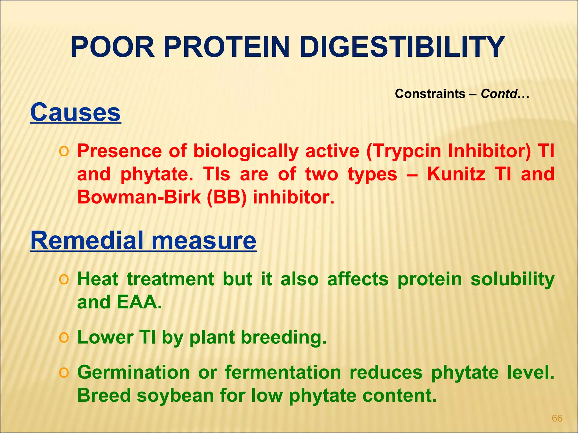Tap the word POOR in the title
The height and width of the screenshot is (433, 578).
pyautogui.click(x=112, y=47)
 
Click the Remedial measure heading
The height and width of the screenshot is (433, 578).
pyautogui.click(x=143, y=240)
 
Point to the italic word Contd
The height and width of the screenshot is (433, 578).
pyautogui.click(x=499, y=94)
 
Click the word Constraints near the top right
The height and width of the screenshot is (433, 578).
pyautogui.click(x=430, y=94)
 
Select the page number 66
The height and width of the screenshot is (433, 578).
pyautogui.click(x=557, y=418)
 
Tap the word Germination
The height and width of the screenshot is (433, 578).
pyautogui.click(x=133, y=372)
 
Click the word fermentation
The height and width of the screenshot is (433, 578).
pyautogui.click(x=283, y=372)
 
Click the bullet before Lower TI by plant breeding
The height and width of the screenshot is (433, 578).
pyautogui.click(x=64, y=337)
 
